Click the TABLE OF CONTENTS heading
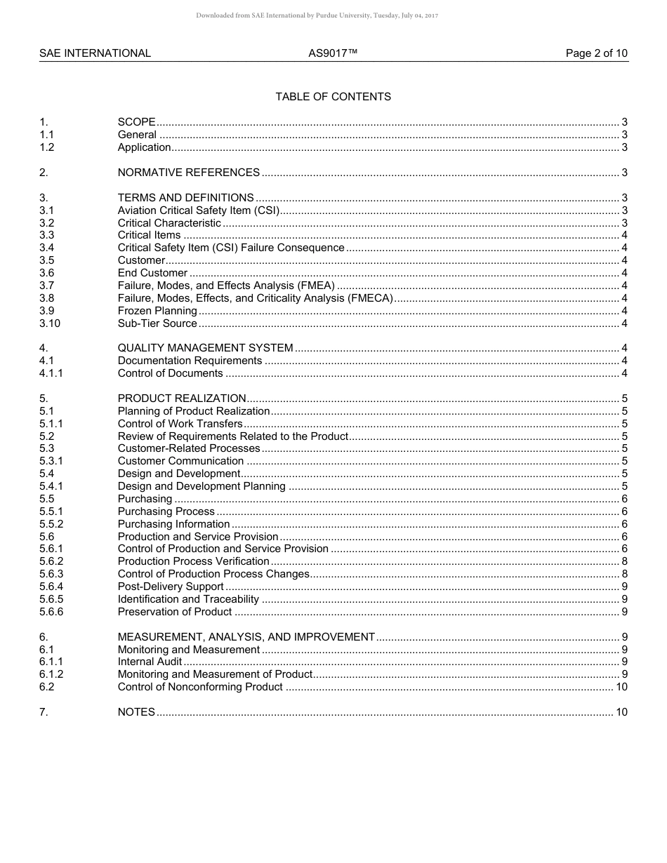333,97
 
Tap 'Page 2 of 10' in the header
596,53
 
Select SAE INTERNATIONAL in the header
95,53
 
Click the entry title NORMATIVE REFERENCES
188,173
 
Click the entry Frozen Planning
157,311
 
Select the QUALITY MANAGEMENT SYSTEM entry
205,348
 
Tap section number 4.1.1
51,373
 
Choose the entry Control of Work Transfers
180,424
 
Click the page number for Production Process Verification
624,561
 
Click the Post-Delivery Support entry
171,587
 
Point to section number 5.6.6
51,612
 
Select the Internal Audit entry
150,662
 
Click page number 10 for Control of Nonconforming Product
621,687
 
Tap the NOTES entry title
136,712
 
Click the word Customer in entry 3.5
141,260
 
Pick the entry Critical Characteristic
169,223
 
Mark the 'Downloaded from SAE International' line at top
317,15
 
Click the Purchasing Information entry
173,524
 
